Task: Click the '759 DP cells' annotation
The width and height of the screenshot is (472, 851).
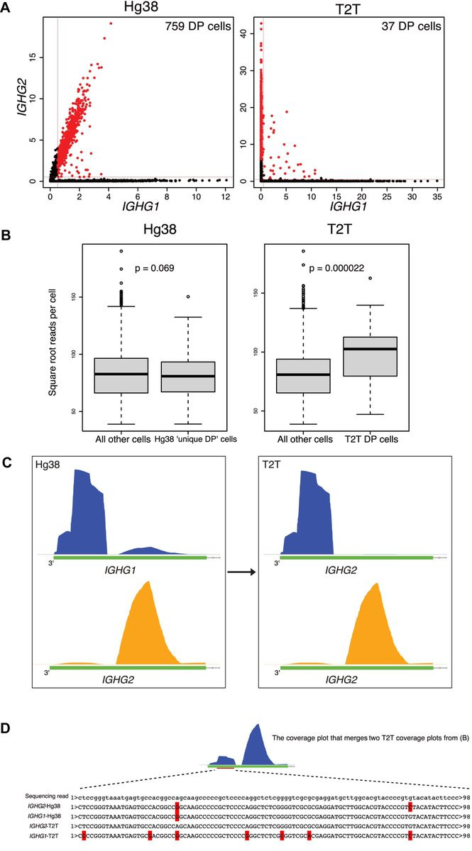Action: tap(194, 26)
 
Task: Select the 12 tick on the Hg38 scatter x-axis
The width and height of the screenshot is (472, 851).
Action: tap(224, 194)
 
